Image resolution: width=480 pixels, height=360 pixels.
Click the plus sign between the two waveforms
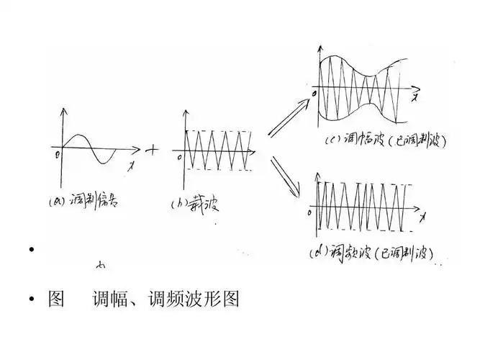tap(153, 150)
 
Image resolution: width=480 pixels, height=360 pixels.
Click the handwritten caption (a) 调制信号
tap(92, 202)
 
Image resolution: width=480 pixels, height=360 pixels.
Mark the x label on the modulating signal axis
tap(130, 166)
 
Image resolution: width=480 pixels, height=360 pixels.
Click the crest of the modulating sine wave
tap(81, 135)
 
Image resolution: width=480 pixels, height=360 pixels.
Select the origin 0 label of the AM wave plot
tap(314, 95)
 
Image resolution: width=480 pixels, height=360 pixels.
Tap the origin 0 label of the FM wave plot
tap(310, 214)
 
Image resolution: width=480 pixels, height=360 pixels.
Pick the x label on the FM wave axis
tap(424, 215)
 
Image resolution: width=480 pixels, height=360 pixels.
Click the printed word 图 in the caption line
tap(55, 300)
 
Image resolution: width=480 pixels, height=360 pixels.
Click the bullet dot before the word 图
tap(30, 300)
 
